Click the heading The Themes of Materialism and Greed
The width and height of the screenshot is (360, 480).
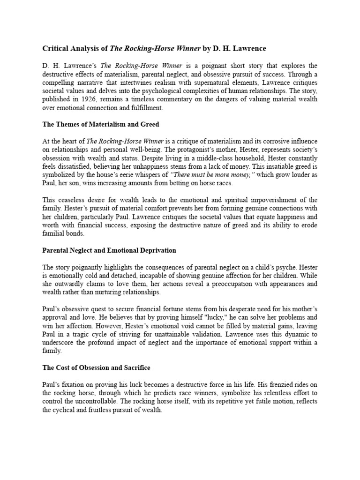point(101,125)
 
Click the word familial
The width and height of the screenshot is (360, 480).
point(53,233)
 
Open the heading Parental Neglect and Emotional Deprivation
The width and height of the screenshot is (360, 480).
point(109,251)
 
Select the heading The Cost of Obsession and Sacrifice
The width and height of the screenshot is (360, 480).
point(96,369)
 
